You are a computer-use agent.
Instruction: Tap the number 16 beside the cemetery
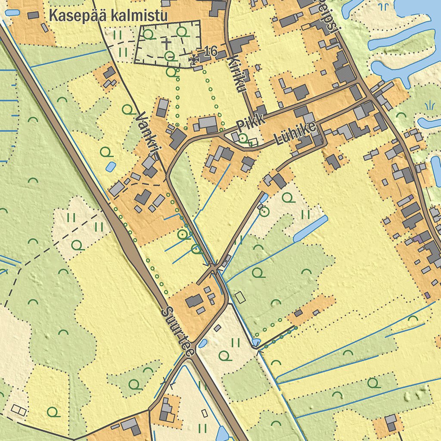point(211,51)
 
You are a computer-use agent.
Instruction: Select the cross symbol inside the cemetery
point(166,43)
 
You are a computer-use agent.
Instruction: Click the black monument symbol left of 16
point(196,59)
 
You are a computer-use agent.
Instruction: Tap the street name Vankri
point(148,134)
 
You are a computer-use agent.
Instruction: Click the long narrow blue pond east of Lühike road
point(311,228)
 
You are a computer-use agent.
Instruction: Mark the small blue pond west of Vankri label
point(110,166)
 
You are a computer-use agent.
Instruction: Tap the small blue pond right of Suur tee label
point(202,343)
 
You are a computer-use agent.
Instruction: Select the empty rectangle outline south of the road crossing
point(239,296)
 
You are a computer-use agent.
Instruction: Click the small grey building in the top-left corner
point(33,15)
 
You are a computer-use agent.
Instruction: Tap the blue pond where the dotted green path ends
point(256,342)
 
